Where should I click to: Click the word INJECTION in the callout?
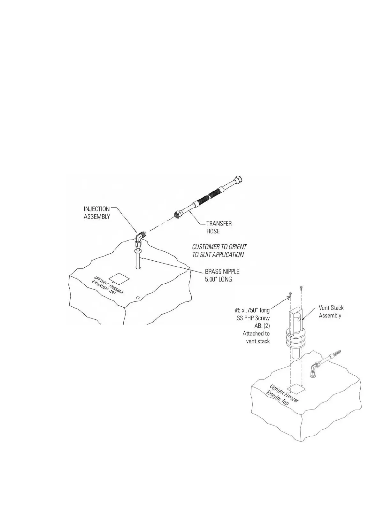pyautogui.click(x=96, y=209)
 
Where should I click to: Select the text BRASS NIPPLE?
pyautogui.click(x=222, y=272)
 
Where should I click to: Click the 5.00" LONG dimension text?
pyautogui.click(x=218, y=279)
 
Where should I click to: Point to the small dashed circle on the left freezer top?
pyautogui.click(x=138, y=297)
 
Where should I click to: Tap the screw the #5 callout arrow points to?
pyautogui.click(x=290, y=295)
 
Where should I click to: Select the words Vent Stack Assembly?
pyautogui.click(x=331, y=312)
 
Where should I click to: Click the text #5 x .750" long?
pyautogui.click(x=252, y=310)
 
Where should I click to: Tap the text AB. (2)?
pyautogui.click(x=262, y=326)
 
